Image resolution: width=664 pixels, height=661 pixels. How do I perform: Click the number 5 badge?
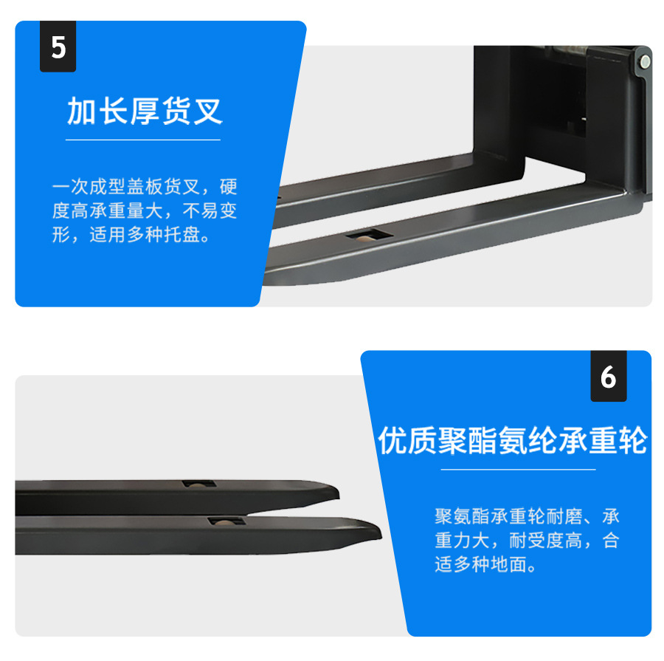[58, 47]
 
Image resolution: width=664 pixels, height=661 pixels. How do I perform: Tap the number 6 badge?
[609, 376]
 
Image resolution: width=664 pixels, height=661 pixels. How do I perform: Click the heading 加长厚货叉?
[145, 111]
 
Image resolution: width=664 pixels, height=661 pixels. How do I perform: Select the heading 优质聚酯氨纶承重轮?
[513, 440]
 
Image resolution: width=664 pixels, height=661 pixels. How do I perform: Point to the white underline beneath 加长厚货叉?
[143, 140]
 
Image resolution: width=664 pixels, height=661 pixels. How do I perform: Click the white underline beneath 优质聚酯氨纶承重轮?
[519, 470]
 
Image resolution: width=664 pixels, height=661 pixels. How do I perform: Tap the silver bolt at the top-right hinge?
[645, 62]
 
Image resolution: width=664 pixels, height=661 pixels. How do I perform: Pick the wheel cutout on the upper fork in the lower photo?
[199, 484]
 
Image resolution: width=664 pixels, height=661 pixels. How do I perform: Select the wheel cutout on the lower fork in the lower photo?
[226, 521]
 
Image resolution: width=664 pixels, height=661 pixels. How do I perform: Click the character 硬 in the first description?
[228, 187]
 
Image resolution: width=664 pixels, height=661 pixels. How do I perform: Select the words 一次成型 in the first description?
[89, 187]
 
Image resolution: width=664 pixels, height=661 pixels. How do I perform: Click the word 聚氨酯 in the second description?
[463, 516]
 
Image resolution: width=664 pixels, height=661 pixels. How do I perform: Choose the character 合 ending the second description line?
[611, 540]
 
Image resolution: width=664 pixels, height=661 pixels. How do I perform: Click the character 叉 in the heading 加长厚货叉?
[208, 111]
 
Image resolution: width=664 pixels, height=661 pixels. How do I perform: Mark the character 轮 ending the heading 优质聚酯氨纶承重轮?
[634, 440]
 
